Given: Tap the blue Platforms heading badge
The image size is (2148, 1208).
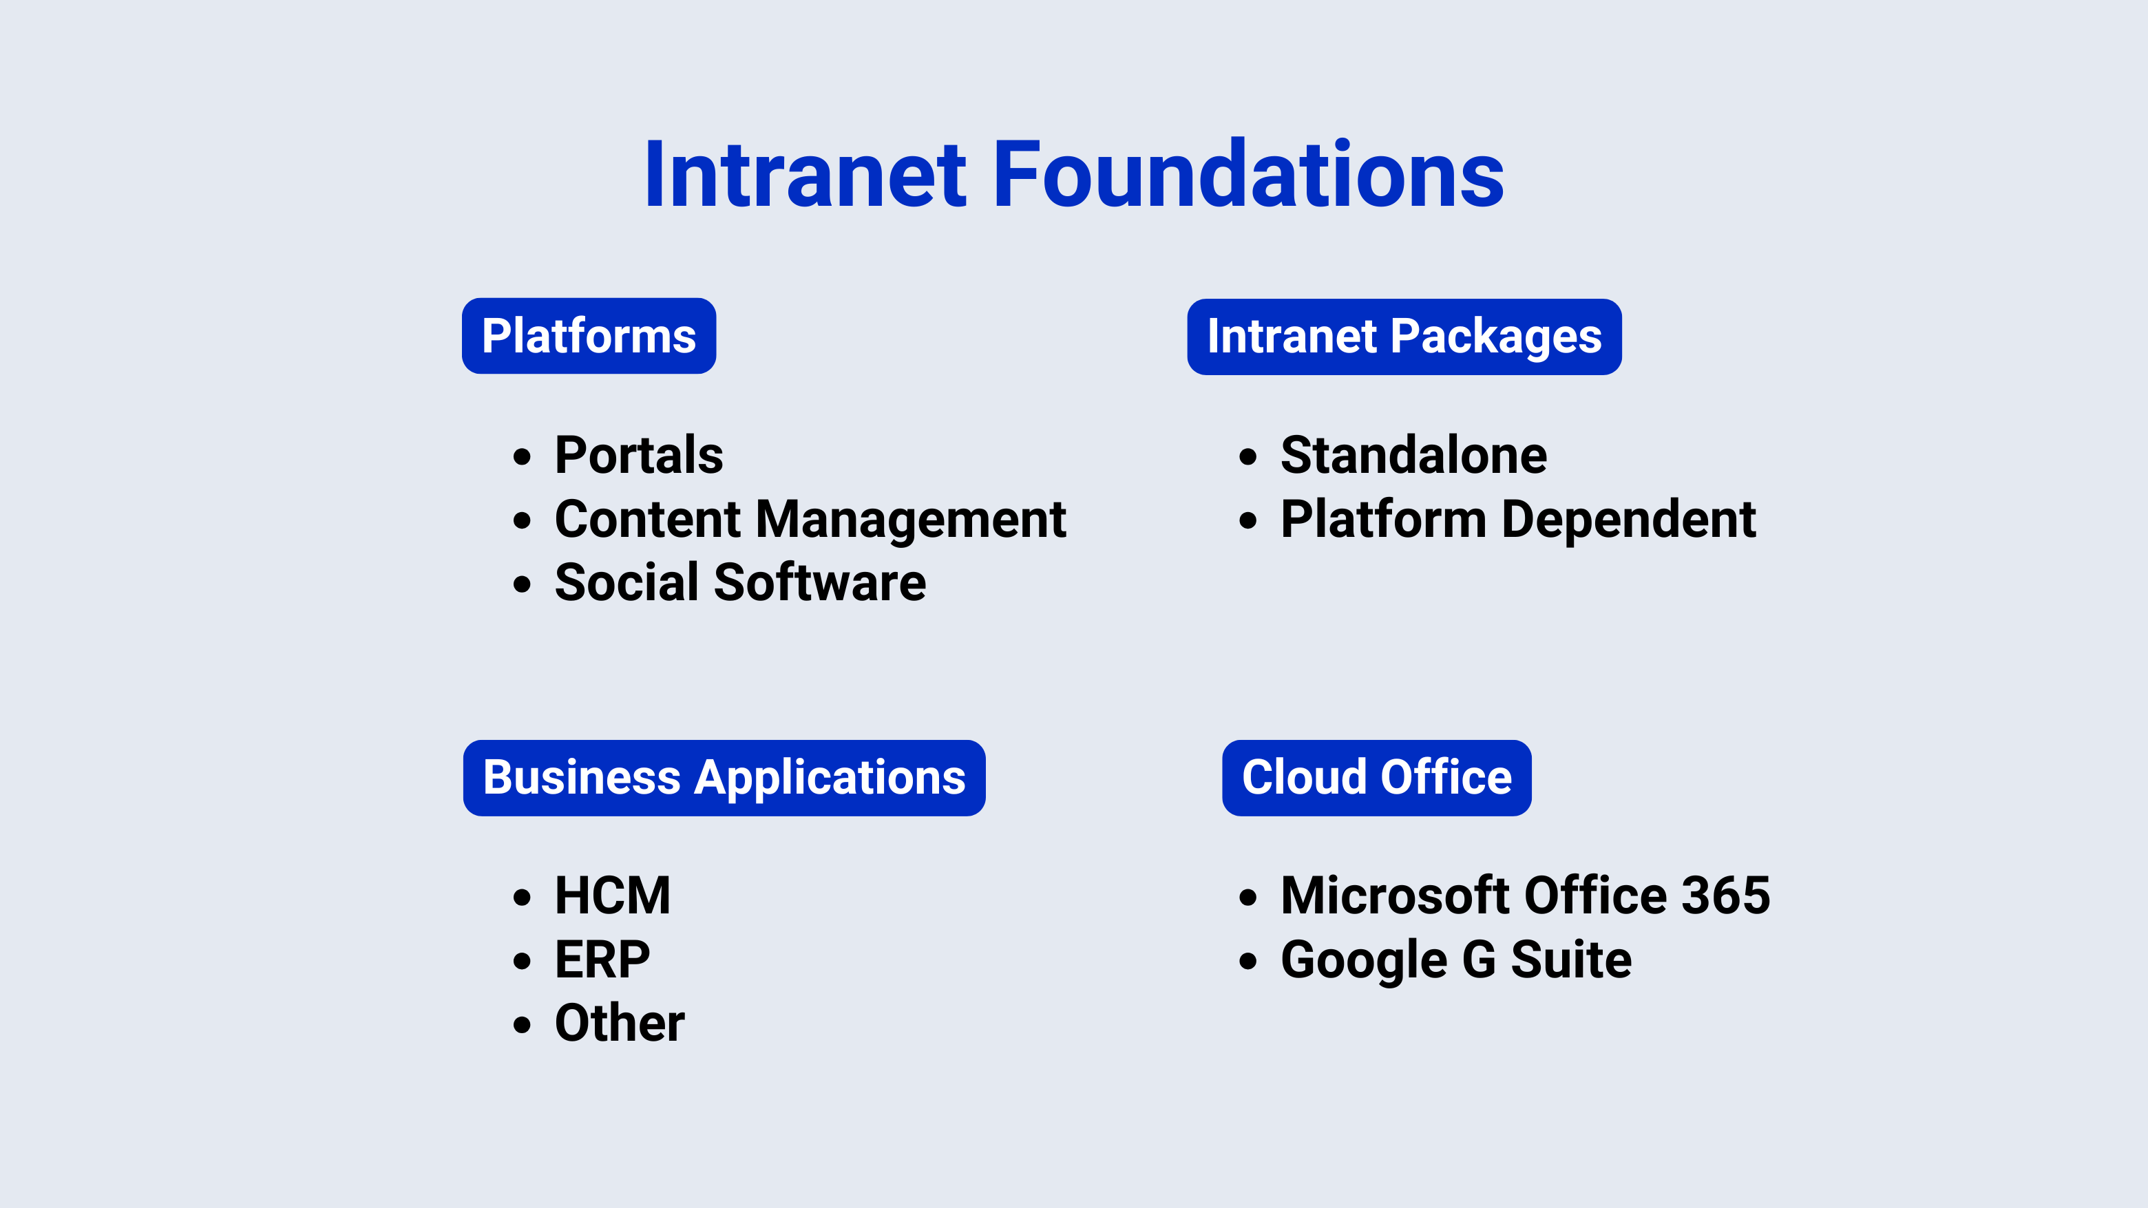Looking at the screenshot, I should coord(589,336).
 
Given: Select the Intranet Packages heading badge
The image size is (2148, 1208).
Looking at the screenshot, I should coord(1404,337).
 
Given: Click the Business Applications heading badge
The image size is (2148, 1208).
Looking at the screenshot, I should coord(724,778).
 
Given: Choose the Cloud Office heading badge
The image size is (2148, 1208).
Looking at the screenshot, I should coord(1377,778).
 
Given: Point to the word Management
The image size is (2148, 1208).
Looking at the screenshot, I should coord(911,520).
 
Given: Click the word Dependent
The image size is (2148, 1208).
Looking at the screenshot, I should coord(1628,520).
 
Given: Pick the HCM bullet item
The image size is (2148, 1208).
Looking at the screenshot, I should coord(612,896).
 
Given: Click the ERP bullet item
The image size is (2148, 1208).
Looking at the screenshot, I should coord(602,960).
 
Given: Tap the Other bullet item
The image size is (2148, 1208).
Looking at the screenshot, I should coord(620,1023).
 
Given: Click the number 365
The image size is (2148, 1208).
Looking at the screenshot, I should coord(1725,896).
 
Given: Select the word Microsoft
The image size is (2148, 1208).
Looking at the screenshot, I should coord(1395,896).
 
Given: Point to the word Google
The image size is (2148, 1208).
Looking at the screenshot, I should coord(1363,960).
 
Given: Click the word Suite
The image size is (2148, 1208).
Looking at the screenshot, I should coord(1571,960).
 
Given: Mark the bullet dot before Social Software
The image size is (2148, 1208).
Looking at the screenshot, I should coord(522,584).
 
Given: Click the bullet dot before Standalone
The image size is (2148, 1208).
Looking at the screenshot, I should coord(1247,456).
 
